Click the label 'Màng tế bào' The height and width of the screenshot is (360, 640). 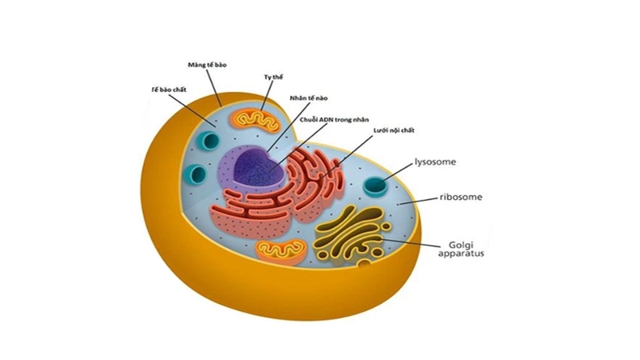pos(207,65)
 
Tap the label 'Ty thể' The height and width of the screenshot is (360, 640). pos(273,77)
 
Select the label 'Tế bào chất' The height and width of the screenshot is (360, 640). pos(169,90)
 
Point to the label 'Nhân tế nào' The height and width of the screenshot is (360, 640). pos(309,98)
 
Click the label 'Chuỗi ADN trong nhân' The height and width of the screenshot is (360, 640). pos(334,120)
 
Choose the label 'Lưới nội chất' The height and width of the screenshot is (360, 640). pos(394,130)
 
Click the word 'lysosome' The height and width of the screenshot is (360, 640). pos(435,162)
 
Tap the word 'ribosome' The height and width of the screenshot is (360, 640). pos(461,197)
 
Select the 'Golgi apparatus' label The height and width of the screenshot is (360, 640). pos(461,249)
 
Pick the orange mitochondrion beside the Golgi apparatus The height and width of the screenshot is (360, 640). pos(282,250)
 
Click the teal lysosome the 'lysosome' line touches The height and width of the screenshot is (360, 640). pos(375,186)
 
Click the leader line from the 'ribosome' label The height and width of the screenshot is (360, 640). pos(418,201)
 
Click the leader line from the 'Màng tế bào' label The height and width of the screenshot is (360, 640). pos(214,88)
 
